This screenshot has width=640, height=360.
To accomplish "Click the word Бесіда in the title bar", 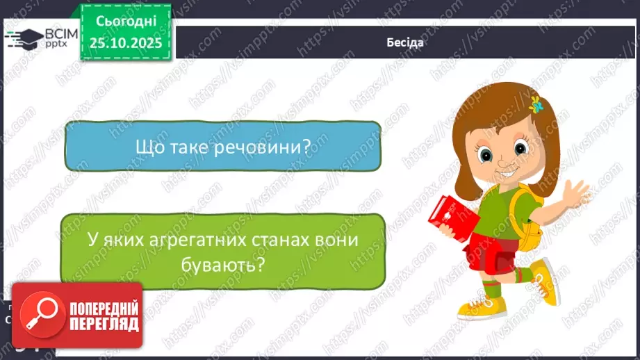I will pos(406,42).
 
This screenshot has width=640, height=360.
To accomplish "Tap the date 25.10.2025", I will pos(126,42).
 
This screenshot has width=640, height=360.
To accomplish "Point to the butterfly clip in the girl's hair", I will pos(536,106).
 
